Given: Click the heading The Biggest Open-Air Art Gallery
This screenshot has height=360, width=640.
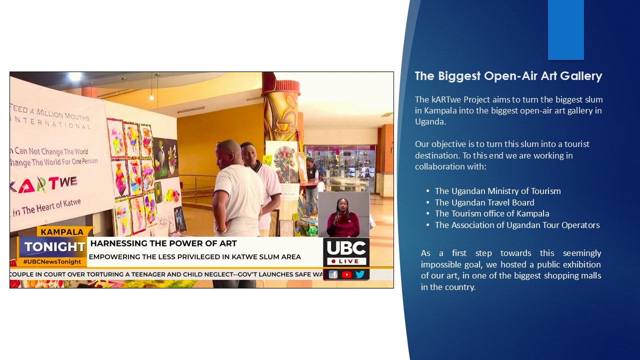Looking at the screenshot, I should click(x=508, y=76).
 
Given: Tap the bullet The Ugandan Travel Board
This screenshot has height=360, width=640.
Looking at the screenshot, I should click(x=484, y=202).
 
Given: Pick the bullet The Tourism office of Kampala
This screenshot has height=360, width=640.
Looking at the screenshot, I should click(x=491, y=213).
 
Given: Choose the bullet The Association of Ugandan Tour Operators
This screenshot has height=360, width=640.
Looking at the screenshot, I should click(x=517, y=225).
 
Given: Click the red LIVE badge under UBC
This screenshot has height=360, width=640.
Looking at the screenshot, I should click(x=346, y=261).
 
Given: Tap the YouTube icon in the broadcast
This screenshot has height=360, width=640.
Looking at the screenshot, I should click(x=346, y=274).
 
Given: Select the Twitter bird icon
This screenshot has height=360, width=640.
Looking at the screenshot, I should click(x=359, y=274).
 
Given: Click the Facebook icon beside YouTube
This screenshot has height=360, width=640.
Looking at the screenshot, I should click(x=333, y=274).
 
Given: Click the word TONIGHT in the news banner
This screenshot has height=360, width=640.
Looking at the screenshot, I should click(x=55, y=246).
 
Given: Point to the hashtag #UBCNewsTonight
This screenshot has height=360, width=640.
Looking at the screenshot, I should click(x=52, y=261).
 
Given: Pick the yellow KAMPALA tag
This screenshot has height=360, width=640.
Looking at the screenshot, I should click(x=62, y=232).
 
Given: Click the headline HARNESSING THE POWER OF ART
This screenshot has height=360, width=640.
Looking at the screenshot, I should click(x=163, y=243).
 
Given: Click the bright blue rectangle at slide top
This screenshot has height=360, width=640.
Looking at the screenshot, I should click(x=565, y=30).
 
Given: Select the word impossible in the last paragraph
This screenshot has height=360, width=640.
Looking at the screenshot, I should click(x=440, y=264).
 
